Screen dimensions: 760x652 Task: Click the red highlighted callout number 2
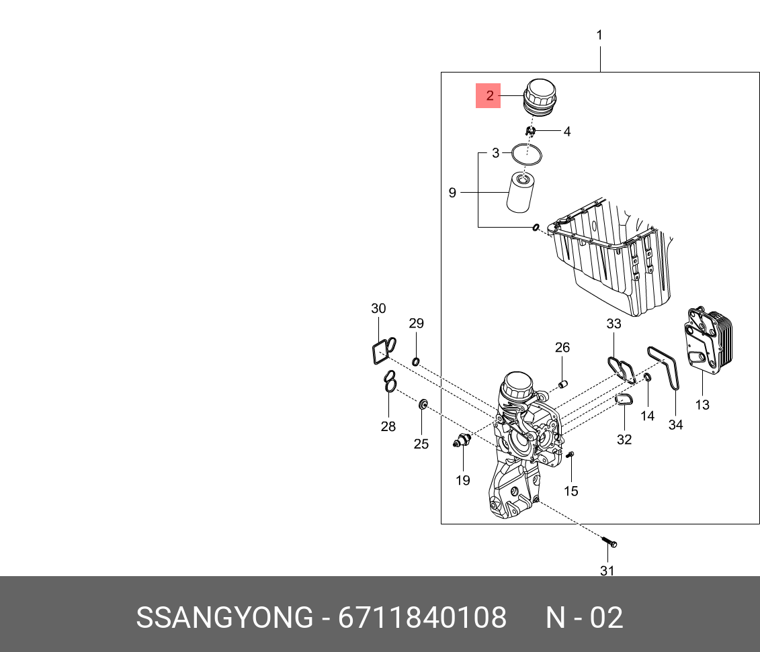pyautogui.click(x=489, y=95)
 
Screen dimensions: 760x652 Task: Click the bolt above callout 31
pyautogui.click(x=609, y=542)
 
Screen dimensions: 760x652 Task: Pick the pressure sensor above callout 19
pyautogui.click(x=462, y=441)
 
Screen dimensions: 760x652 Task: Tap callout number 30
pyautogui.click(x=378, y=308)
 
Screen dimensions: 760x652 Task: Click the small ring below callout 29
pyautogui.click(x=415, y=363)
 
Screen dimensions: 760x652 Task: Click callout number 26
pyautogui.click(x=562, y=347)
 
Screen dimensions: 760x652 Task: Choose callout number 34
pyautogui.click(x=675, y=424)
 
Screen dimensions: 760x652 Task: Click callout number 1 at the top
pyautogui.click(x=599, y=35)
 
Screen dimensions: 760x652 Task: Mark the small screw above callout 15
pyautogui.click(x=571, y=455)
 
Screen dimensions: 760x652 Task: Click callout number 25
pyautogui.click(x=421, y=444)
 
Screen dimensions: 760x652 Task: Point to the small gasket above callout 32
pyautogui.click(x=624, y=401)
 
